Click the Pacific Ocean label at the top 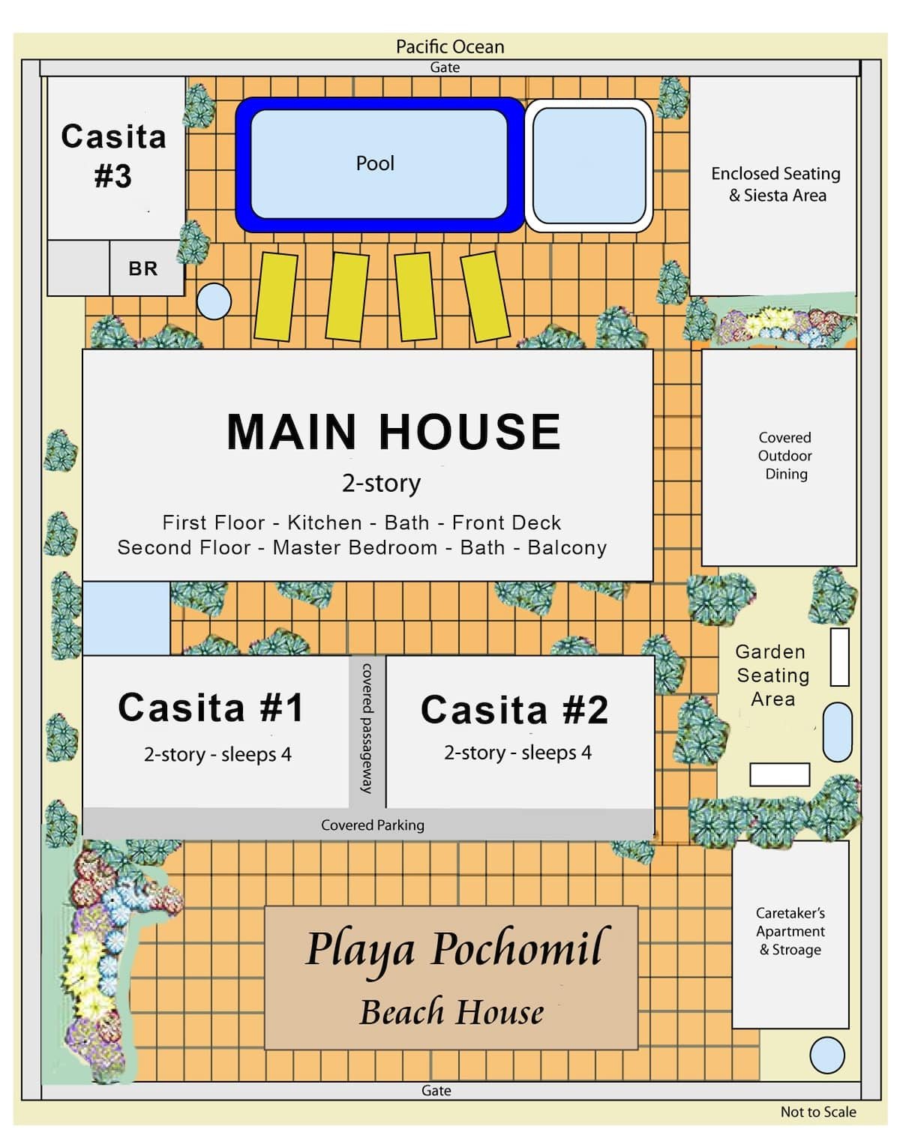coord(450,46)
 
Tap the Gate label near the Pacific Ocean coord(445,67)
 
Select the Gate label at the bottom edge coord(436,1091)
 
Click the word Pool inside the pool coord(375,163)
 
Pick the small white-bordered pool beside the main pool coord(589,166)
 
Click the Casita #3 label coord(113,156)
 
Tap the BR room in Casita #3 coord(143,268)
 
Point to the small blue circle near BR coord(214,301)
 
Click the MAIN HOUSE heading coord(394,432)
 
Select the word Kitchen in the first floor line coord(324,523)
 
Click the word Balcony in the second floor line coord(567,547)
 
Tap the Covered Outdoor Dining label coord(784,456)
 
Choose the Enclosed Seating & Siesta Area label coord(776,184)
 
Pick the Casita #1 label coord(211,708)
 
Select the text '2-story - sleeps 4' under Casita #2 coord(517,753)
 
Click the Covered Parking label coord(372,825)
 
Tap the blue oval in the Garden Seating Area coord(837,732)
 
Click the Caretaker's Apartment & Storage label coord(790,932)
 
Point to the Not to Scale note coord(818,1112)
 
